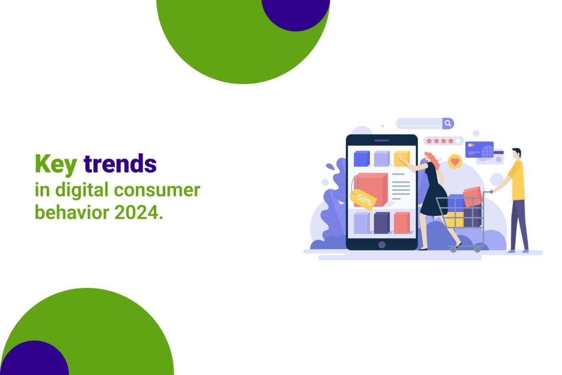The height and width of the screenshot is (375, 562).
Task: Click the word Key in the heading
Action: tap(56, 164)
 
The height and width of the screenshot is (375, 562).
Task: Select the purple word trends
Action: tap(120, 163)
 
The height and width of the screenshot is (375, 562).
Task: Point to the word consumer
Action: tap(157, 190)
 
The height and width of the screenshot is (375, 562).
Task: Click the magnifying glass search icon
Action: tap(448, 124)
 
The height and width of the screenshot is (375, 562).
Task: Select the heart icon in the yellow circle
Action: tap(455, 162)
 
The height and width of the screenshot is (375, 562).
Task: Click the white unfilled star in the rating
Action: tap(458, 141)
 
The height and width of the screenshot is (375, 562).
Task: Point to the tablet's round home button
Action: tap(382, 245)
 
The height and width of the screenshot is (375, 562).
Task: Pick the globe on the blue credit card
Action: tap(487, 151)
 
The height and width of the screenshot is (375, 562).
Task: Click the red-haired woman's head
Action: tap(432, 160)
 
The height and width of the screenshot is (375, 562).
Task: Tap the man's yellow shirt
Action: tap(516, 179)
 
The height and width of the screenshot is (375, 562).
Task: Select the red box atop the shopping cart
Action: tap(472, 196)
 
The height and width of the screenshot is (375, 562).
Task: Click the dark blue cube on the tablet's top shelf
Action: tap(362, 159)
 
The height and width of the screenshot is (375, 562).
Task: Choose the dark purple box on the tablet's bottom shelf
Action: tap(382, 223)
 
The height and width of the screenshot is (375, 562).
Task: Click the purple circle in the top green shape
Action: tap(296, 13)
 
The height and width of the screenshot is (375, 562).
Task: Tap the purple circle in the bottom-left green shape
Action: tap(35, 359)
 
